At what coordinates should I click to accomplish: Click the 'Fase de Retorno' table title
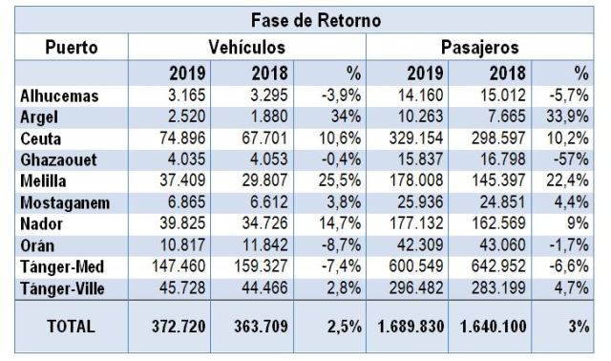[316, 20]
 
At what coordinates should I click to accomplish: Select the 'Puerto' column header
[72, 47]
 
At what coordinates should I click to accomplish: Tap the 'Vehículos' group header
[246, 47]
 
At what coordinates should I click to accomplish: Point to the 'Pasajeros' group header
[479, 48]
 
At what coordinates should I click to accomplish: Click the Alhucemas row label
[59, 96]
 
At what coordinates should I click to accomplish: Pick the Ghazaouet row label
[58, 159]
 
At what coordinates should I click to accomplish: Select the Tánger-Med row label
[62, 267]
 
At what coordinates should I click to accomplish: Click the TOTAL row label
[71, 327]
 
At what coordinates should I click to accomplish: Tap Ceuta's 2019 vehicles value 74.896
[182, 138]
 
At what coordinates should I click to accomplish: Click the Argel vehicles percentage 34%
[346, 117]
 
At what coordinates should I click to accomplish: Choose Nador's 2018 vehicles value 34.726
[264, 223]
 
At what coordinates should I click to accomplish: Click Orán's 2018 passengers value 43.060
[503, 244]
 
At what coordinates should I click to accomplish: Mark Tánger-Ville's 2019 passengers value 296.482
[416, 288]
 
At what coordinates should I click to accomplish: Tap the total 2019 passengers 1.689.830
[411, 327]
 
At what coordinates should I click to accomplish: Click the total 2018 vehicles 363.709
[261, 327]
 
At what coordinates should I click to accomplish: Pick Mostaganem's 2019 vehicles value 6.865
[186, 202]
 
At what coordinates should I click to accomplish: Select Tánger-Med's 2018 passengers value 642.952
[498, 266]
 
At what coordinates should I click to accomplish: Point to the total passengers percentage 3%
[579, 327]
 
